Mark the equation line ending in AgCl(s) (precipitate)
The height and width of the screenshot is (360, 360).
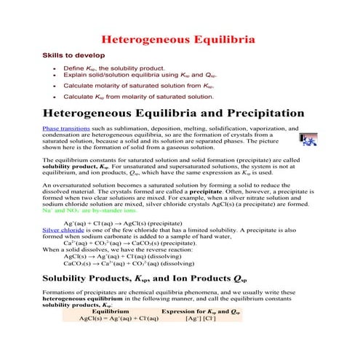coord(122,222)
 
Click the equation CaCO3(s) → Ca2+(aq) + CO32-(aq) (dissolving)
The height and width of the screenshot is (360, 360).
coord(129,264)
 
